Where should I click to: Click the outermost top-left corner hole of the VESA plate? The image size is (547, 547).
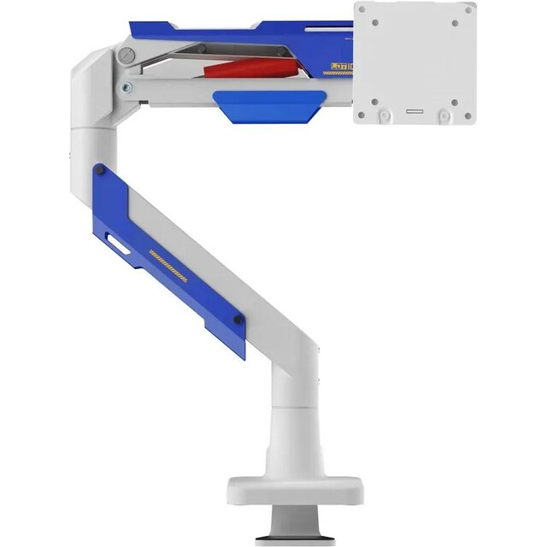362,9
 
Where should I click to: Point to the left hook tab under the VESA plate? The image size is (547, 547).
385,115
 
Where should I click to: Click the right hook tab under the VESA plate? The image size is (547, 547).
444,115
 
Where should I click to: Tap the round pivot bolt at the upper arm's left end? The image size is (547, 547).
126,57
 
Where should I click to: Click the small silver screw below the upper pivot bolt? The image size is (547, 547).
126,87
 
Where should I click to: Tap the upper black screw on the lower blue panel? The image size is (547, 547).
101,172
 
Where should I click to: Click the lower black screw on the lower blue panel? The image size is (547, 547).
238,321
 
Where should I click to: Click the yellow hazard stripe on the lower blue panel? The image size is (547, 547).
168,266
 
